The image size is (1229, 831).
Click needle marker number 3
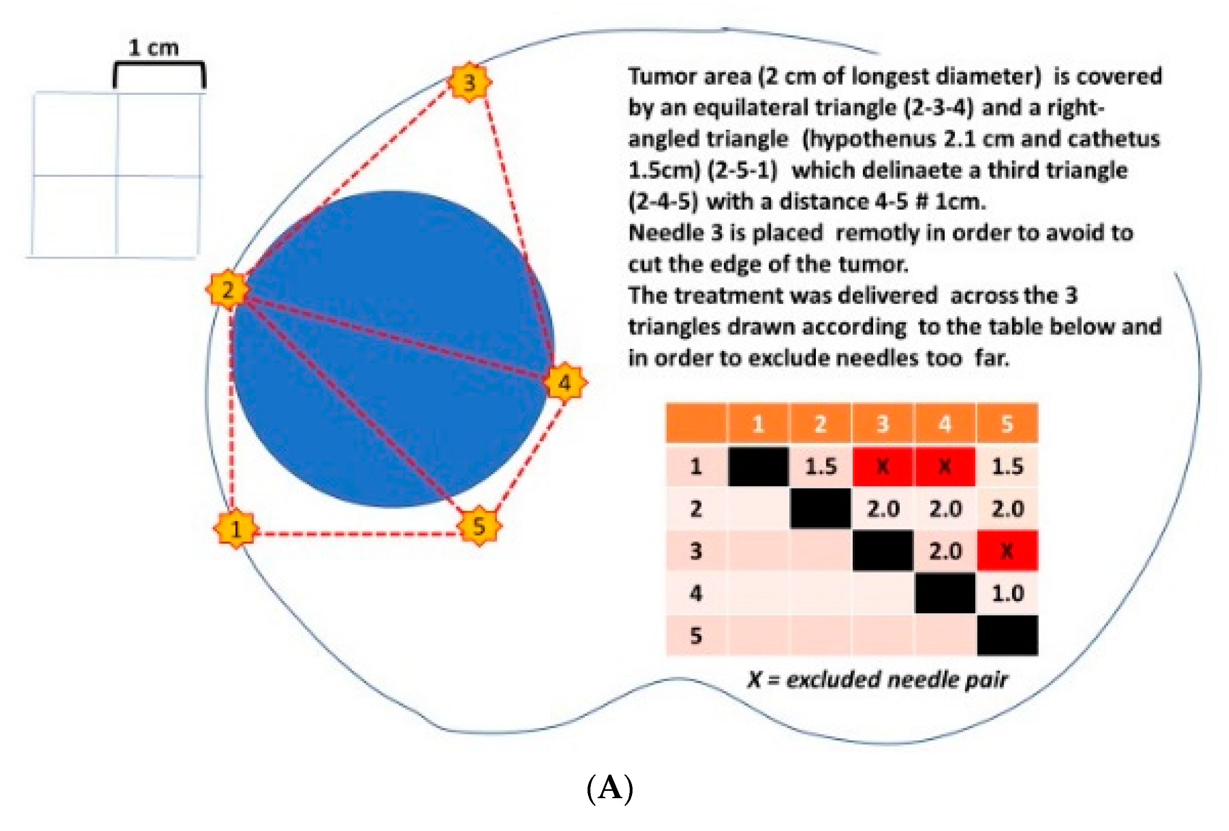469,82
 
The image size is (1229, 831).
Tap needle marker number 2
227,290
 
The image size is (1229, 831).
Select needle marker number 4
565,382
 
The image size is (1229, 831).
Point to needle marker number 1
235,528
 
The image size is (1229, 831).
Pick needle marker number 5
478,526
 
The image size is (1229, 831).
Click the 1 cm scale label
154,47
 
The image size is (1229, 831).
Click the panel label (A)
610,788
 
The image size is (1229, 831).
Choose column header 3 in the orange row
883,424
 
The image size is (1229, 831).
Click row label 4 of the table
696,593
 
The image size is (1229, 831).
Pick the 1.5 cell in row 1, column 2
821,466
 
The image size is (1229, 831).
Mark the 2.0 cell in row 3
945,551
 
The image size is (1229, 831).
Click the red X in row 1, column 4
945,466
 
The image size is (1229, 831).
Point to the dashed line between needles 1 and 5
357,533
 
